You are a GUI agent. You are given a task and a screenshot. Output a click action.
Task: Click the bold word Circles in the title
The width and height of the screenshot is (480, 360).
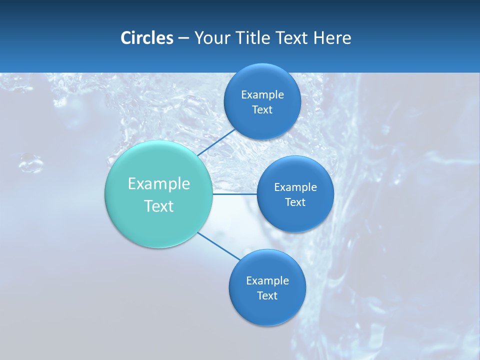pos(146,38)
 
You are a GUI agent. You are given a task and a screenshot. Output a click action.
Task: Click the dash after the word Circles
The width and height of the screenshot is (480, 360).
pos(183,38)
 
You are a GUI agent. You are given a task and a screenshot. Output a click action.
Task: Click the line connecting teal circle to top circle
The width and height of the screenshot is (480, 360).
pos(216,142)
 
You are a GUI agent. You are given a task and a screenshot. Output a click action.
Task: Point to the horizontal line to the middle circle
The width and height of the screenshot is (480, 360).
pos(235,194)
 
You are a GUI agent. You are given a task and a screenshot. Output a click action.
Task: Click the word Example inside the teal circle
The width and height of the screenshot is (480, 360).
pos(159,184)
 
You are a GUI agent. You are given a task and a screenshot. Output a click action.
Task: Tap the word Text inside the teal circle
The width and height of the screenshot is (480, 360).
pos(159,206)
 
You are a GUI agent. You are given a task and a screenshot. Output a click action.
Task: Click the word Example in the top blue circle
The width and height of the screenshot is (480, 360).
pos(262,94)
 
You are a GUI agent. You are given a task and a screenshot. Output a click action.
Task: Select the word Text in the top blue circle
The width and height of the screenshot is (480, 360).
pos(262,109)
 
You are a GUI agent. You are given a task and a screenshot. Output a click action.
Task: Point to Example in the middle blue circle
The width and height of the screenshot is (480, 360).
pos(295,187)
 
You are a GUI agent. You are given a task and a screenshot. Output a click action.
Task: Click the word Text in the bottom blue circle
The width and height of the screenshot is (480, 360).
pos(267,295)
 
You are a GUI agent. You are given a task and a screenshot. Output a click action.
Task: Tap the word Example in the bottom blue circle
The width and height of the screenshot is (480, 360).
pos(267,280)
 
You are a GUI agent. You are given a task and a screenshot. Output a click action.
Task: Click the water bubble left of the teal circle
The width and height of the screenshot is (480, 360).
pos(31,162)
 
